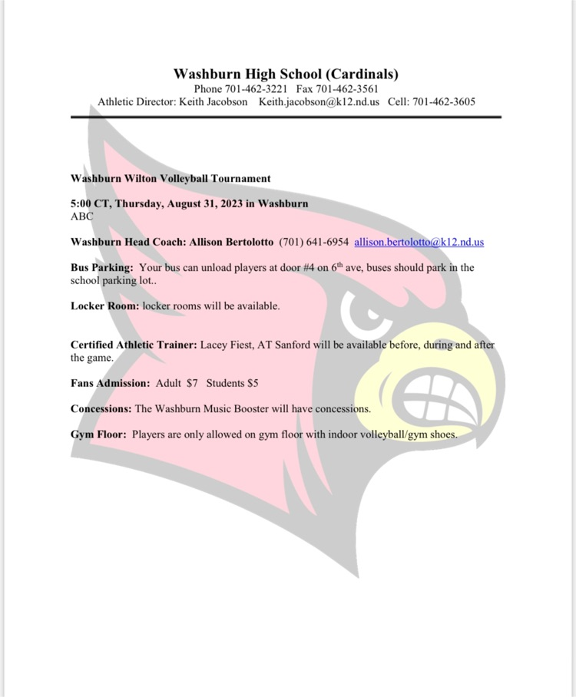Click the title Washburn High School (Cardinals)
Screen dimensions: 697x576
click(286, 74)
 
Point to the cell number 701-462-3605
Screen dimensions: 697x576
click(442, 101)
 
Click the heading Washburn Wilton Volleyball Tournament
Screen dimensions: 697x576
click(170, 178)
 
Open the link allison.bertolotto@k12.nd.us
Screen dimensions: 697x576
click(419, 242)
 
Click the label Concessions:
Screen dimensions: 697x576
click(101, 408)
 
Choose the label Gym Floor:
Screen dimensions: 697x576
click(98, 434)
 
